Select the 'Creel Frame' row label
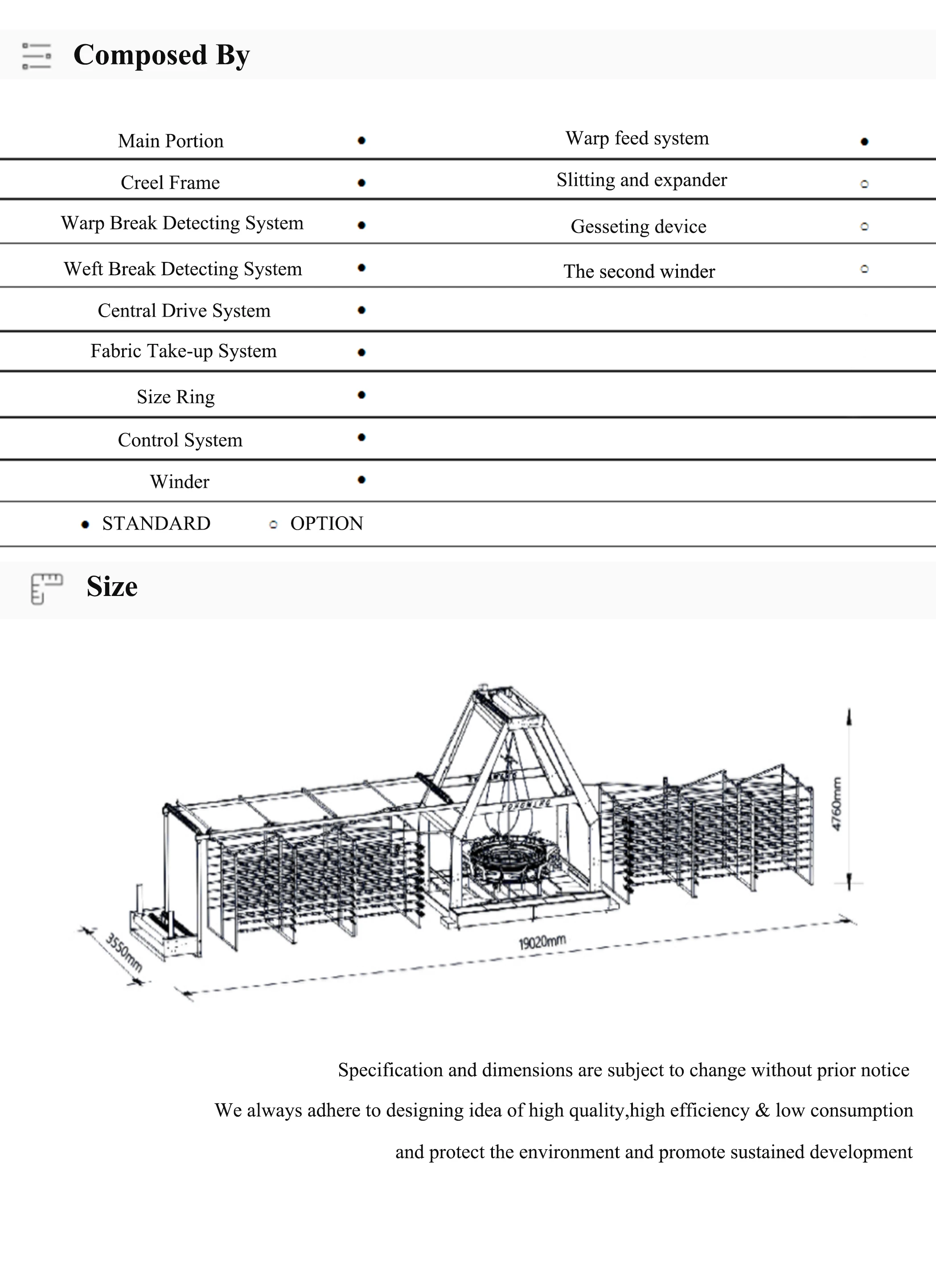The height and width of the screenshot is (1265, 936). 170,182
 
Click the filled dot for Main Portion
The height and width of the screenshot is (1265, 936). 361,140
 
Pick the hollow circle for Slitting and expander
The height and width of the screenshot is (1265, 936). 864,184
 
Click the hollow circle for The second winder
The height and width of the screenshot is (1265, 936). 864,269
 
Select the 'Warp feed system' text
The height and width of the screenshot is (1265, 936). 637,138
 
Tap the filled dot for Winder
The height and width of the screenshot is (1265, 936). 361,480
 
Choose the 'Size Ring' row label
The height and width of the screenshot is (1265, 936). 176,397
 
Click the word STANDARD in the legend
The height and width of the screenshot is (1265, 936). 156,523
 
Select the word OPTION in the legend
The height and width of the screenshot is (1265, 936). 326,523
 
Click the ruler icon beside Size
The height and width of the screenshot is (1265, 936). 46,588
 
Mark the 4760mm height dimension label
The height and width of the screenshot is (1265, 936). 836,804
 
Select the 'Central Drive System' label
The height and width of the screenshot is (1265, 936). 184,311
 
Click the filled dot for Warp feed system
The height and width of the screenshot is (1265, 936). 864,142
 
